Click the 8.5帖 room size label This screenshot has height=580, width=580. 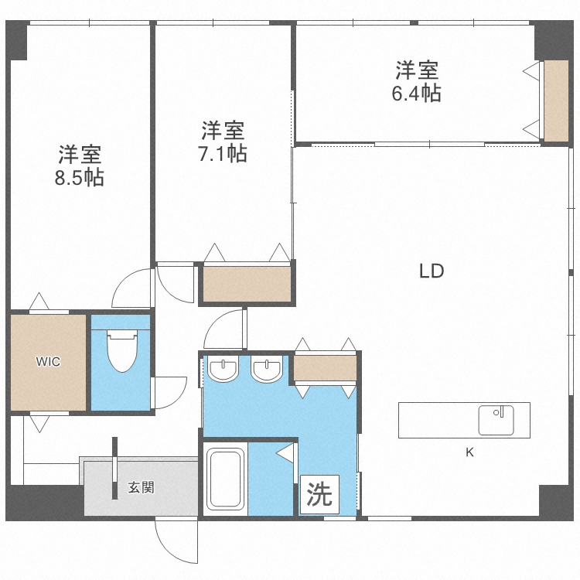pyautogui.click(x=80, y=178)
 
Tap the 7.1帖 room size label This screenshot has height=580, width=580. pyautogui.click(x=223, y=153)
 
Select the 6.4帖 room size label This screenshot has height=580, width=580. pyautogui.click(x=418, y=94)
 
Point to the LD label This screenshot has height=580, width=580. pyautogui.click(x=432, y=271)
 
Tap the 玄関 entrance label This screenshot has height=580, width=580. pyautogui.click(x=141, y=488)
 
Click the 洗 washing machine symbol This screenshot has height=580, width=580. pyautogui.click(x=319, y=495)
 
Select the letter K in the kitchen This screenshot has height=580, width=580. pyautogui.click(x=469, y=453)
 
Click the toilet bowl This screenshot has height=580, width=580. pyautogui.click(x=121, y=353)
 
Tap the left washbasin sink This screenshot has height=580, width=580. pyautogui.click(x=223, y=370)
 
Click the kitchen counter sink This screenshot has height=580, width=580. pyautogui.click(x=495, y=420)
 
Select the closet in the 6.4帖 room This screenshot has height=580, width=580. pyautogui.click(x=555, y=100)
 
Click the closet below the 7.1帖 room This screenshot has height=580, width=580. pyautogui.click(x=247, y=283)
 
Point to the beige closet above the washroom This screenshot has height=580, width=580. pyautogui.click(x=325, y=368)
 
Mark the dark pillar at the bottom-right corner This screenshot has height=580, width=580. pyautogui.click(x=558, y=502)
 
